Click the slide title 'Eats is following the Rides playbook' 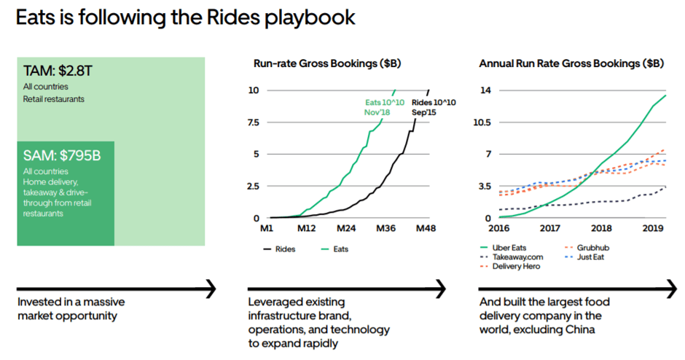coord(187,18)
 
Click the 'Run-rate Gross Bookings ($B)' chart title coord(326,64)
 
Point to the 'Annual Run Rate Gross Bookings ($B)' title coord(571,64)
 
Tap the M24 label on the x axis coord(345,229)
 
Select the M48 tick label coord(425,229)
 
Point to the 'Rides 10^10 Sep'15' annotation coord(434,107)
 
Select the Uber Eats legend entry coord(507,248)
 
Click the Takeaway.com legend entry coord(512,257)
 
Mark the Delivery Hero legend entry coord(514,267)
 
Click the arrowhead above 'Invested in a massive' coord(211,289)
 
